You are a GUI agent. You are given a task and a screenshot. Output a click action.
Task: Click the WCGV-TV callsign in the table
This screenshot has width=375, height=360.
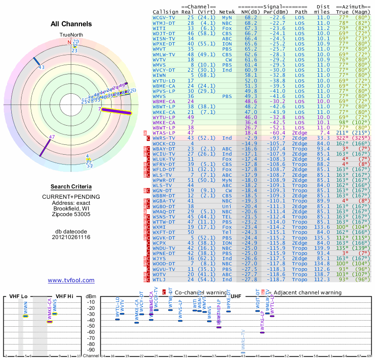point(164,17)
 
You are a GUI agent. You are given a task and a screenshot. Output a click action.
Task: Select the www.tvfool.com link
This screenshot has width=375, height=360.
point(71,280)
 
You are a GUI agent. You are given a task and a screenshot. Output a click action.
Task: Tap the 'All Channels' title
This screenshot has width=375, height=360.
point(71,24)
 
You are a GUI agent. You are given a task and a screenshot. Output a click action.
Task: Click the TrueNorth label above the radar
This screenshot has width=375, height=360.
point(71,35)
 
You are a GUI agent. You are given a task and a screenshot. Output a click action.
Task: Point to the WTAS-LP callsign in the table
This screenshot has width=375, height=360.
point(164,133)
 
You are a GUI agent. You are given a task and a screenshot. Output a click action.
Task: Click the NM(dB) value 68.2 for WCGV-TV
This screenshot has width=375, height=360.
point(250,17)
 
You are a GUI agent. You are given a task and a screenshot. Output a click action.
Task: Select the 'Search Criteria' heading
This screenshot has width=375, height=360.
point(71,187)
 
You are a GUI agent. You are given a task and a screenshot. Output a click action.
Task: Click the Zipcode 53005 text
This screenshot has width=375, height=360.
point(71,214)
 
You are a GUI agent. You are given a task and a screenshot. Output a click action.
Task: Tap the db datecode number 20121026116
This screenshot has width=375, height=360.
point(71,237)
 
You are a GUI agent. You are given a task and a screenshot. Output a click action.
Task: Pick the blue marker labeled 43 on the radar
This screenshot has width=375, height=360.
point(37,62)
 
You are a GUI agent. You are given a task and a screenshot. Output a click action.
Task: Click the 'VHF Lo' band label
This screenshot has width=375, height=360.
point(18,296)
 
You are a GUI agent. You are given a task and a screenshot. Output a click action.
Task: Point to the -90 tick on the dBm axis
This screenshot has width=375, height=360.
point(90,350)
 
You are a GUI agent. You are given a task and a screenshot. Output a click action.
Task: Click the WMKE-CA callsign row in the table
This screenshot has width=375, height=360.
point(164,112)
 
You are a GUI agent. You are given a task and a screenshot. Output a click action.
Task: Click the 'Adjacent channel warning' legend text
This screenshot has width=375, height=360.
point(307,292)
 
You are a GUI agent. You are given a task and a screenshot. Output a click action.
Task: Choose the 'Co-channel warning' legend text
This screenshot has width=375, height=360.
point(200,292)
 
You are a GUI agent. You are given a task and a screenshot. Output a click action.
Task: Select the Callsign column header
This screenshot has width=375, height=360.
point(165,12)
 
